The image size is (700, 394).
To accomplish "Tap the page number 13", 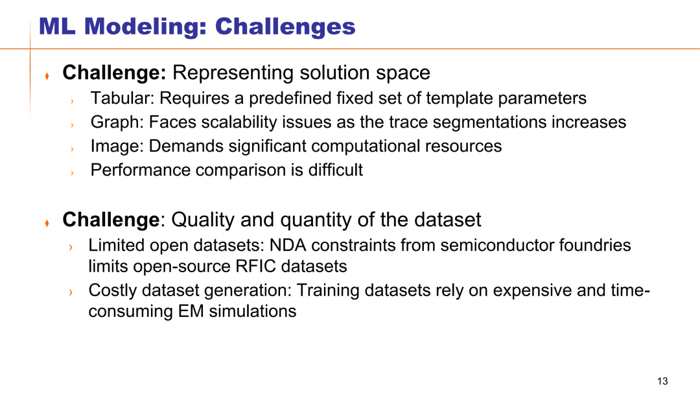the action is pos(662,381).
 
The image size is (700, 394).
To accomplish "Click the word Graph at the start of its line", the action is pos(117,122).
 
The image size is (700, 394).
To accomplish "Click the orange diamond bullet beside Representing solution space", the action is pos(47,76).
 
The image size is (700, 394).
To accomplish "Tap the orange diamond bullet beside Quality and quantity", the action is pos(47,223).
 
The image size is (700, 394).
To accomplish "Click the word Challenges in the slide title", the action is pos(285,27).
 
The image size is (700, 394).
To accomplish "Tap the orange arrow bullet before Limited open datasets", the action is pos(71,247).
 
